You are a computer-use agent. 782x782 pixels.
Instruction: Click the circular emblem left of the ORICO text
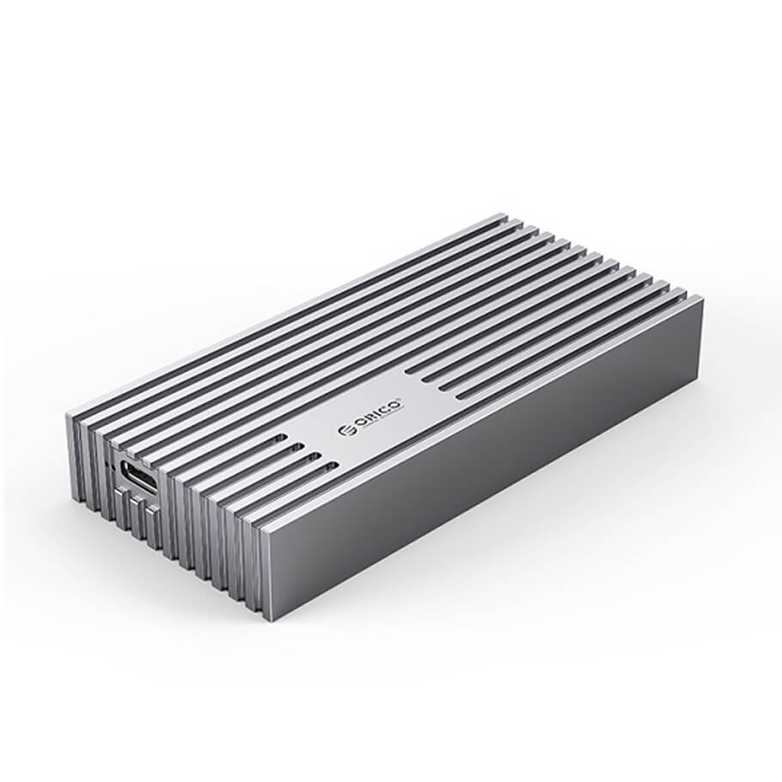(x=345, y=431)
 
